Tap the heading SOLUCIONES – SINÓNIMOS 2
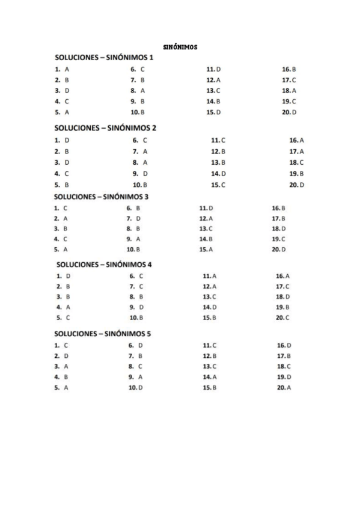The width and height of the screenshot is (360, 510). [106, 128]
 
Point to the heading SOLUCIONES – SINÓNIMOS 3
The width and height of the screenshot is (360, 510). [105, 196]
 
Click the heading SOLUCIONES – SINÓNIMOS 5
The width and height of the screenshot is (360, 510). [105, 333]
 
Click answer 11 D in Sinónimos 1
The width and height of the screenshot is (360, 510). [213, 69]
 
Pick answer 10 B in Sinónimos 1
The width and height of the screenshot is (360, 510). [138, 112]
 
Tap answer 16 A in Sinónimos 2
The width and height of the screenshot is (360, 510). [296, 140]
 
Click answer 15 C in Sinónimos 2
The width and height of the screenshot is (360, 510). [218, 185]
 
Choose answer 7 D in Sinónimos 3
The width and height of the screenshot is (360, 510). [133, 218]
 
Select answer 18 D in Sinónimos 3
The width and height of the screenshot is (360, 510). [278, 229]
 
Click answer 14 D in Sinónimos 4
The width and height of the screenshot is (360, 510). [209, 307]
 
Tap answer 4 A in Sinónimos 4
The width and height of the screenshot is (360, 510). [64, 307]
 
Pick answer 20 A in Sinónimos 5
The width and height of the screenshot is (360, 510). [284, 388]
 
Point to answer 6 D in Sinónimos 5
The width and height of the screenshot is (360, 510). [136, 346]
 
